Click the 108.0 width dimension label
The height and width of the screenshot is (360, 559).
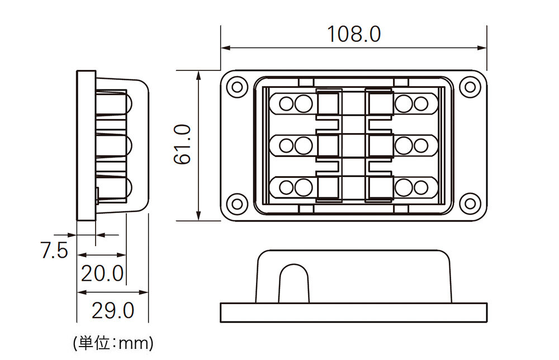pyautogui.click(x=354, y=34)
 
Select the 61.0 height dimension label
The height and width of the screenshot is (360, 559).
pyautogui.click(x=183, y=144)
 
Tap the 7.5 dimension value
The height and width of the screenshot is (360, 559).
pyautogui.click(x=54, y=250)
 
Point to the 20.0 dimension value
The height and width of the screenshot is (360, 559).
pyautogui.click(x=102, y=273)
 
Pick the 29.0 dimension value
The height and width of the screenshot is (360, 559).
pyautogui.click(x=113, y=310)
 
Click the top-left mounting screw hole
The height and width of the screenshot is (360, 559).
pyautogui.click(x=237, y=87)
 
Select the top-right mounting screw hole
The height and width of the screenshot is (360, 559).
pyautogui.click(x=470, y=87)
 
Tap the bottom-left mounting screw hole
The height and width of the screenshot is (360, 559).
pyautogui.click(x=237, y=203)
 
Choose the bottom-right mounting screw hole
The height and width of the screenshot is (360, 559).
pyautogui.click(x=470, y=203)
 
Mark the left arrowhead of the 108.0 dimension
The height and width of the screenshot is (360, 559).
pyautogui.click(x=225, y=48)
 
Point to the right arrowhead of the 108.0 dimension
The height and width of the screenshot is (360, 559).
pyautogui.click(x=482, y=48)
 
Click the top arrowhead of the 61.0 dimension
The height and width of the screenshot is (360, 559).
pyautogui.click(x=198, y=75)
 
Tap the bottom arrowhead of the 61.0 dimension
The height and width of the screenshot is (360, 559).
pyautogui.click(x=198, y=216)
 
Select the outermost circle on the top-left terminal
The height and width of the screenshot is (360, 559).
pyautogui.click(x=286, y=104)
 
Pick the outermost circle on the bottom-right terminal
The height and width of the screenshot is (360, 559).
pyautogui.click(x=421, y=188)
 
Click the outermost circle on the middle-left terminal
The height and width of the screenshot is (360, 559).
pyautogui.click(x=286, y=146)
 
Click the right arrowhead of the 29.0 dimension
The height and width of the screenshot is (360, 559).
pyautogui.click(x=144, y=292)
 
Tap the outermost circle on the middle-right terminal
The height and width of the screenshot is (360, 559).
pyautogui.click(x=421, y=146)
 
